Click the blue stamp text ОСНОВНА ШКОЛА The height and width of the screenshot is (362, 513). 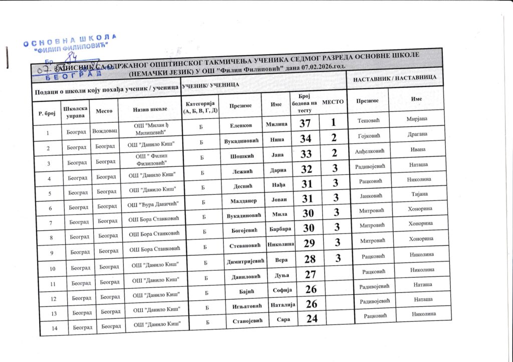coord(70,40)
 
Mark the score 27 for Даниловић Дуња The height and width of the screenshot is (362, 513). coord(311,274)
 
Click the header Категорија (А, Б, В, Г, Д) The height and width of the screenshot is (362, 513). coord(199,107)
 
